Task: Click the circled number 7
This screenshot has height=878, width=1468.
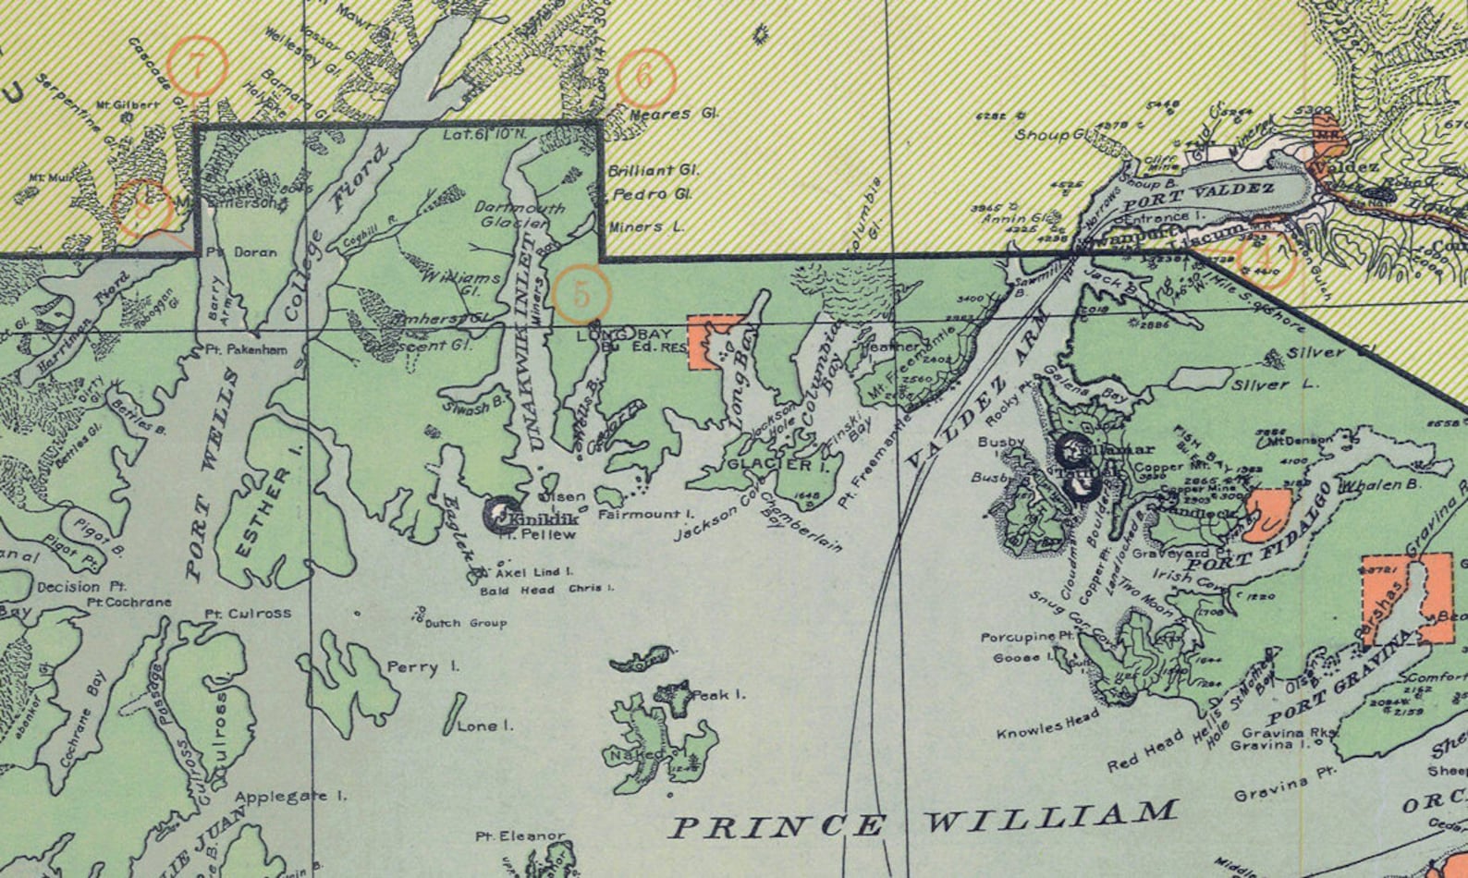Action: point(197,66)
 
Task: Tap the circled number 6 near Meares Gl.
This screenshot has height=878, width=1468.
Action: point(644,77)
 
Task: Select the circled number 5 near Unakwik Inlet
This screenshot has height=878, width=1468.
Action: point(581,293)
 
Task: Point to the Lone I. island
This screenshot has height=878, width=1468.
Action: point(453,713)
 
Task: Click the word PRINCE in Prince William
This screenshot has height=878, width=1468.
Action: point(776,825)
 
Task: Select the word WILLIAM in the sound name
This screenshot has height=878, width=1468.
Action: point(1051,817)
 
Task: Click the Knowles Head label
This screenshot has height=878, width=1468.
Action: point(1047,727)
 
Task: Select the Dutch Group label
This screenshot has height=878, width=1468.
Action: point(465,623)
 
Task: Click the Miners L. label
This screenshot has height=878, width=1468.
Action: point(647,226)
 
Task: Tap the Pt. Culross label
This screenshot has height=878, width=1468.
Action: point(247,613)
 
